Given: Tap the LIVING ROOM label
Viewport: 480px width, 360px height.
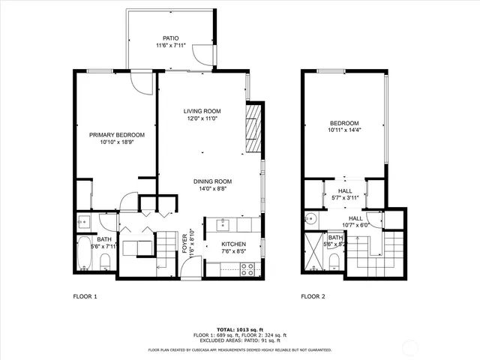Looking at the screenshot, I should point(202,111).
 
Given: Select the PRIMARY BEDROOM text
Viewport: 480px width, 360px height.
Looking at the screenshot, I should point(117,135).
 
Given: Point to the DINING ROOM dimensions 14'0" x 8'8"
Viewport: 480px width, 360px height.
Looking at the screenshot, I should point(212,190).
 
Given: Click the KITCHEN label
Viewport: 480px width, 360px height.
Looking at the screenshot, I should point(233,244).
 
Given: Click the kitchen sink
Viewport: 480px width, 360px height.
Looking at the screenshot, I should point(223,223).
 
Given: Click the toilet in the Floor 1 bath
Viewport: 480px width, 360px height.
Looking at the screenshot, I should point(106,261).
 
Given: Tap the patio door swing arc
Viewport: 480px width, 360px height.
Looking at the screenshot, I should point(199,55).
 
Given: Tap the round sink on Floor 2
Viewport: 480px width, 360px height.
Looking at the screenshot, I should point(311,220).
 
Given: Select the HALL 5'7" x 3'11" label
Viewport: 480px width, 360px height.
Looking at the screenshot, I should point(345,195).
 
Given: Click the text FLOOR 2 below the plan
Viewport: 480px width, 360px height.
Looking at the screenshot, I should point(313,297).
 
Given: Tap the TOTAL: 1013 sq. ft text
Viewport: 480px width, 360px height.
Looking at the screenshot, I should point(239,329).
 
